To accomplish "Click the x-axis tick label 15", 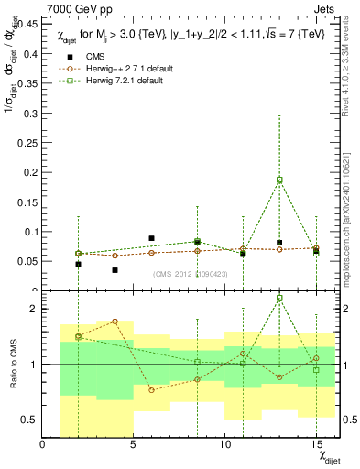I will pos(315,443).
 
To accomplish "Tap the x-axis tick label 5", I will pos(134,443).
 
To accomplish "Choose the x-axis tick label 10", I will pos(224,443).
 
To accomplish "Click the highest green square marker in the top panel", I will pos(279,180).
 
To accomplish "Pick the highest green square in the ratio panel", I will pos(279,299).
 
